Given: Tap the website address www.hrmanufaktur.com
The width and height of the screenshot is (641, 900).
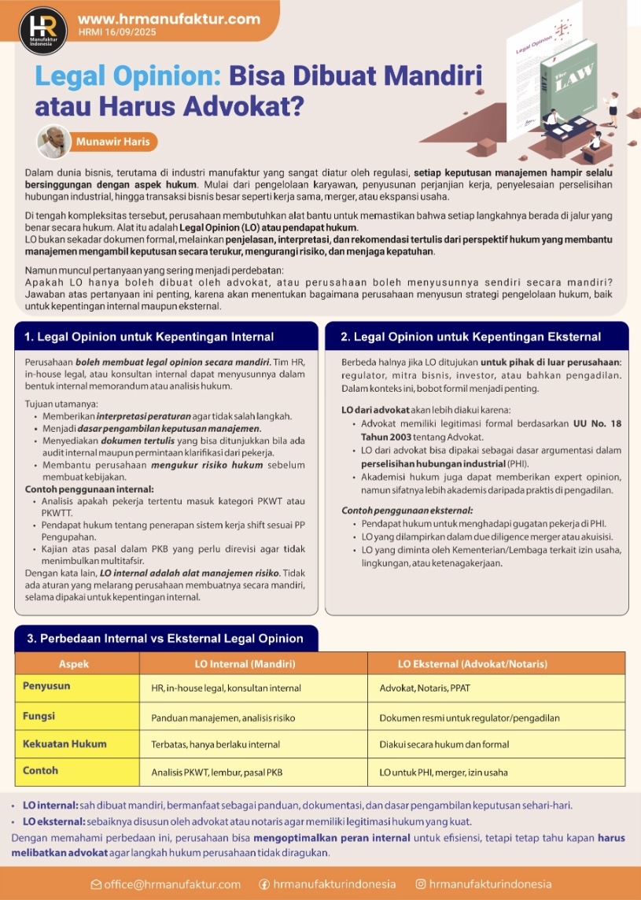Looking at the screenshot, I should coord(169,18).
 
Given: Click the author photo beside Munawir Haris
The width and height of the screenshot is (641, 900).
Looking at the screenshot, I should coord(53,142).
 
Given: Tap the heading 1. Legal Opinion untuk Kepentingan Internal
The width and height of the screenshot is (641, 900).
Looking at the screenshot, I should coord(149,337).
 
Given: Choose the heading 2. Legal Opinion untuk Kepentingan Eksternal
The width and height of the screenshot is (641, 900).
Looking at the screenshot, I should coord(470,337).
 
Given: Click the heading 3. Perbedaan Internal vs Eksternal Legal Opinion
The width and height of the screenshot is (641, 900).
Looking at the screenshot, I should coord(165,639).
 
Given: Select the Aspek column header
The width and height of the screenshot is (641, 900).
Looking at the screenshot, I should coord(74,663).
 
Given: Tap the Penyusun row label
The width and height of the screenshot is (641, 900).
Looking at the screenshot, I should coord(46,686).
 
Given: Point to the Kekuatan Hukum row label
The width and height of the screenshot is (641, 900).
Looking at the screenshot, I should coord(64,743).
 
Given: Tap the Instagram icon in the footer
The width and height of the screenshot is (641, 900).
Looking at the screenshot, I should coord(421,883).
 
